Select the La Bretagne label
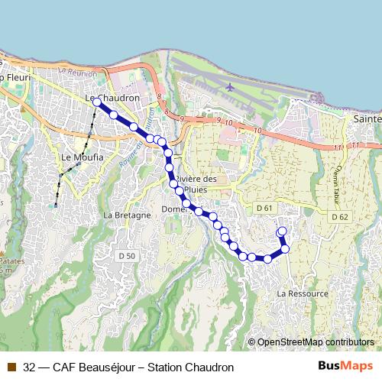[x=124, y=215]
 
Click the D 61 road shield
[x=265, y=208]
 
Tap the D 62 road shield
[x=340, y=217]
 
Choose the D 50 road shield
[x=127, y=255]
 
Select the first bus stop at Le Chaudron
[x=97, y=102]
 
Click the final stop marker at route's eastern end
[x=281, y=231]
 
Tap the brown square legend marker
[x=11, y=367]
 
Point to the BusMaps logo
[x=345, y=366]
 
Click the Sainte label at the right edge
[x=368, y=120]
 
